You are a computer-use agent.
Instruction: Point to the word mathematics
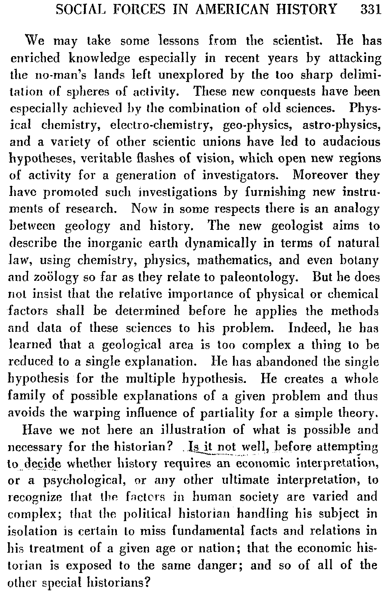click(269, 260)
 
